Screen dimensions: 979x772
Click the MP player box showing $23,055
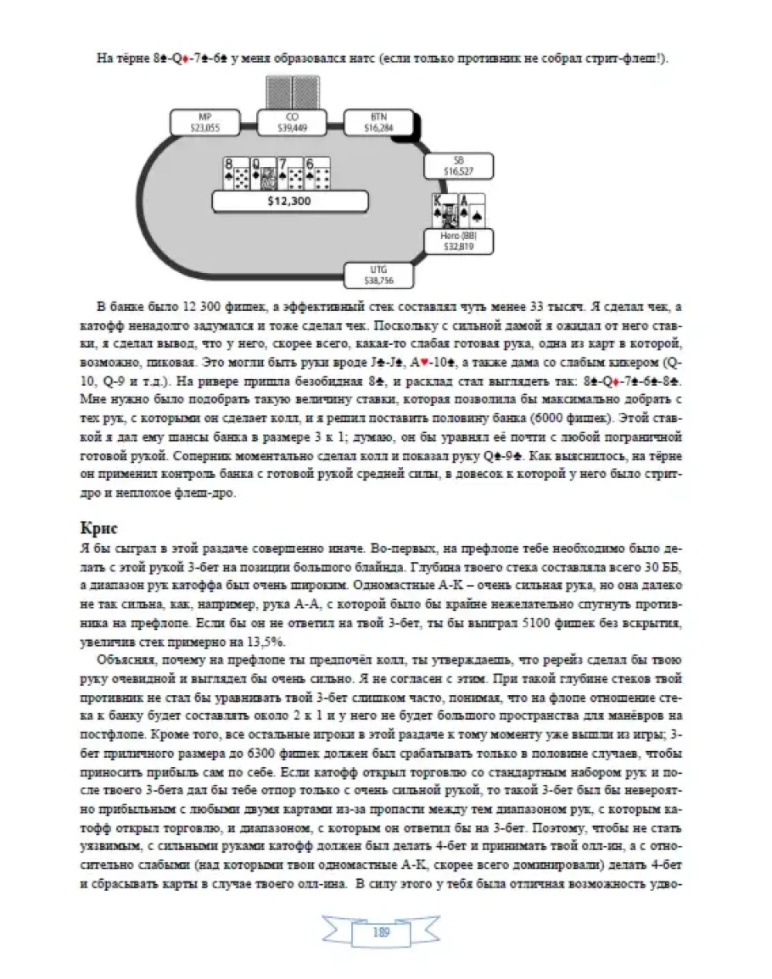(x=204, y=122)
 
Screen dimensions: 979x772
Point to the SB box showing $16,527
(x=459, y=165)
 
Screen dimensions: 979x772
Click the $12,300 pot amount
(x=289, y=201)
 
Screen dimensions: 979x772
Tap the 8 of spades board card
(x=235, y=173)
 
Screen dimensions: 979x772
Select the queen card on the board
(x=262, y=173)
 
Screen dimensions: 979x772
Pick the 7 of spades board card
(x=290, y=173)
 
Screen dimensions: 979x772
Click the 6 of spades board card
(x=317, y=173)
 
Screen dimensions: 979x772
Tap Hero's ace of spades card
(x=471, y=211)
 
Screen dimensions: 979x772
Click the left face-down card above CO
(x=278, y=92)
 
